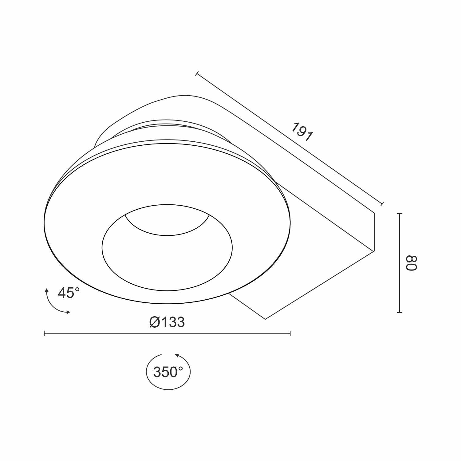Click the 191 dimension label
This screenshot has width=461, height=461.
(x=302, y=132)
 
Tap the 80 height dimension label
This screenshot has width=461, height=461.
(x=411, y=263)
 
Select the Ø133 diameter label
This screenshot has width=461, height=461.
(x=167, y=322)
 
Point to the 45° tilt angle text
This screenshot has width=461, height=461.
(x=69, y=293)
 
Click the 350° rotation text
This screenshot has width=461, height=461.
(x=168, y=372)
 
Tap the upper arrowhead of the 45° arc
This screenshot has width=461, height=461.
(x=47, y=290)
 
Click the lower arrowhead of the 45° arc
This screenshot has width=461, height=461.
(x=68, y=312)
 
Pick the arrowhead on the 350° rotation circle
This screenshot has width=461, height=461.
(x=177, y=356)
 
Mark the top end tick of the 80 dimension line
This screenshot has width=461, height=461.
(x=400, y=214)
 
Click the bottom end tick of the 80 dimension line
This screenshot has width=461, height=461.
(x=400, y=312)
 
